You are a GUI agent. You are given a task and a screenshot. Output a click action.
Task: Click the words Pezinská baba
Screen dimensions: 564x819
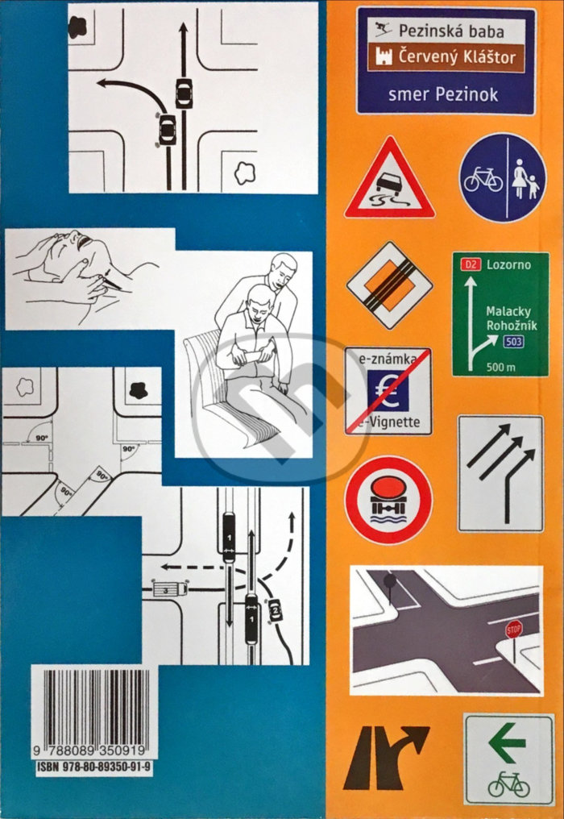(x=451, y=31)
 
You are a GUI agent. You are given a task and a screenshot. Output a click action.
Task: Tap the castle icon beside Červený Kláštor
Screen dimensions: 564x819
(x=384, y=56)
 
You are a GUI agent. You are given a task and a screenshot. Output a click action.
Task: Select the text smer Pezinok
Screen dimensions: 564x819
(x=443, y=94)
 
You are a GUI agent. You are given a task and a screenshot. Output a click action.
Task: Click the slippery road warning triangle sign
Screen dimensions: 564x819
(x=390, y=179)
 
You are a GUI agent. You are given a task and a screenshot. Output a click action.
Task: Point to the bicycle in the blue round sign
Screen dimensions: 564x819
(x=483, y=180)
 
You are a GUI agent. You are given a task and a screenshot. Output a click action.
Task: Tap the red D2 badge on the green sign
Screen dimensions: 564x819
(x=471, y=264)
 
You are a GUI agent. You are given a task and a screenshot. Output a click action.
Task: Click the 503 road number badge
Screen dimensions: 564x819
(x=513, y=342)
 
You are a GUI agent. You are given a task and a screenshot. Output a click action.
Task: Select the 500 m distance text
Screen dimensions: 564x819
(x=501, y=367)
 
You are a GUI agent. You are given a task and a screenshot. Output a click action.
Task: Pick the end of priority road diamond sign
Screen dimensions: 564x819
(x=390, y=285)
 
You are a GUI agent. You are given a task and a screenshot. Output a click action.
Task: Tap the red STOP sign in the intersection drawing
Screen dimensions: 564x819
(x=514, y=630)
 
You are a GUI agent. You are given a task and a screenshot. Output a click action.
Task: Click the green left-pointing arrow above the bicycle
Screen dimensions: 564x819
(x=507, y=742)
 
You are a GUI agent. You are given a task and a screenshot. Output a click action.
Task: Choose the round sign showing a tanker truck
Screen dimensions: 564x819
(x=388, y=501)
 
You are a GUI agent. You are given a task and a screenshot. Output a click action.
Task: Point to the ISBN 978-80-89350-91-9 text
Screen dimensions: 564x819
(x=94, y=767)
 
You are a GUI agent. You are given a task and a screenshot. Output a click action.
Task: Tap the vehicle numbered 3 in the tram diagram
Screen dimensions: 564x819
(x=169, y=589)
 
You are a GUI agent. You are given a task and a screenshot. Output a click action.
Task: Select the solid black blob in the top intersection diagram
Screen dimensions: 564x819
(x=78, y=27)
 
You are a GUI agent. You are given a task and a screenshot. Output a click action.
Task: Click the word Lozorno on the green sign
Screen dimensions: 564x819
(x=508, y=264)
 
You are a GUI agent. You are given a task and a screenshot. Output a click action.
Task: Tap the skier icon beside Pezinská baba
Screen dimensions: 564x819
(x=383, y=30)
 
